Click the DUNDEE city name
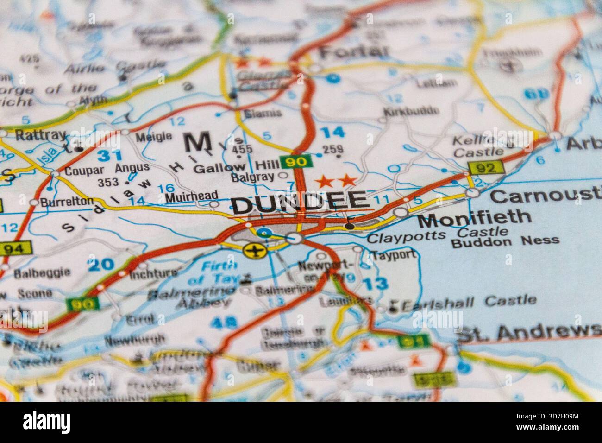[300, 203]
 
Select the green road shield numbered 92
[485, 167]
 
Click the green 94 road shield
[16, 249]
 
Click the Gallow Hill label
[236, 167]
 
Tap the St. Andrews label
[528, 332]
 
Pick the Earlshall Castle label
[469, 303]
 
